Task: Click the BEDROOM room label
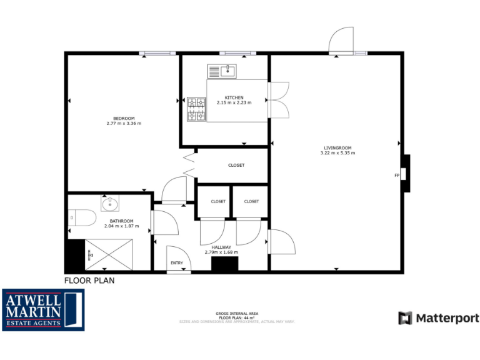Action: coord(124,118)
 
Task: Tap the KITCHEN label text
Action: coord(234,97)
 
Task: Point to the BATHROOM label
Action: coord(121,221)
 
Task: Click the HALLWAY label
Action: coord(221,247)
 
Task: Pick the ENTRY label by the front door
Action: coord(177,263)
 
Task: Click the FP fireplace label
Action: coord(396,175)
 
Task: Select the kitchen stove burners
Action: coord(196,109)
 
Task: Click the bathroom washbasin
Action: coord(111,203)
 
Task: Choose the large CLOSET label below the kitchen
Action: coord(236,165)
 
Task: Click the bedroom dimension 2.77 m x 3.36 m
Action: coord(124,123)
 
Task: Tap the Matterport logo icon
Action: coord(405,317)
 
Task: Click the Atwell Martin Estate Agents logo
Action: coord(42,309)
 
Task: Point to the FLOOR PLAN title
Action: coord(89,281)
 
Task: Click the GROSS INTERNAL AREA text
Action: coord(237,313)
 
